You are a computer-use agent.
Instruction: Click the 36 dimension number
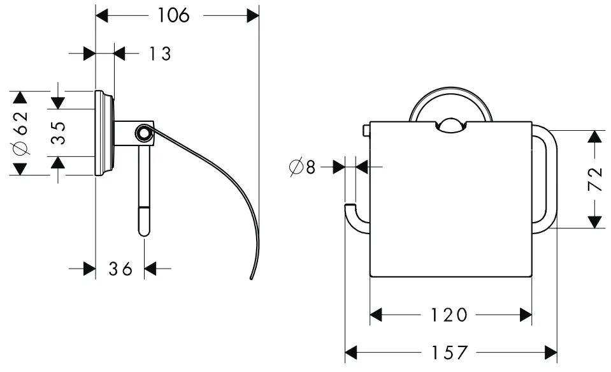[x=120, y=269]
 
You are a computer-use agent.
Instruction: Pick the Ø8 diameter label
[x=303, y=167]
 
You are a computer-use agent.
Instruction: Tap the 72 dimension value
[x=595, y=179]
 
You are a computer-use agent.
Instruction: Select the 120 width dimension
[x=450, y=315]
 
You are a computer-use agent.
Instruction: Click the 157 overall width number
[x=450, y=352]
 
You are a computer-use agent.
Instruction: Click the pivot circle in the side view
[x=144, y=133]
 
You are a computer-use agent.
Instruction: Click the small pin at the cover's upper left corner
[x=365, y=130]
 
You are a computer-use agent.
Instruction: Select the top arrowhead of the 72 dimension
[x=595, y=137]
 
